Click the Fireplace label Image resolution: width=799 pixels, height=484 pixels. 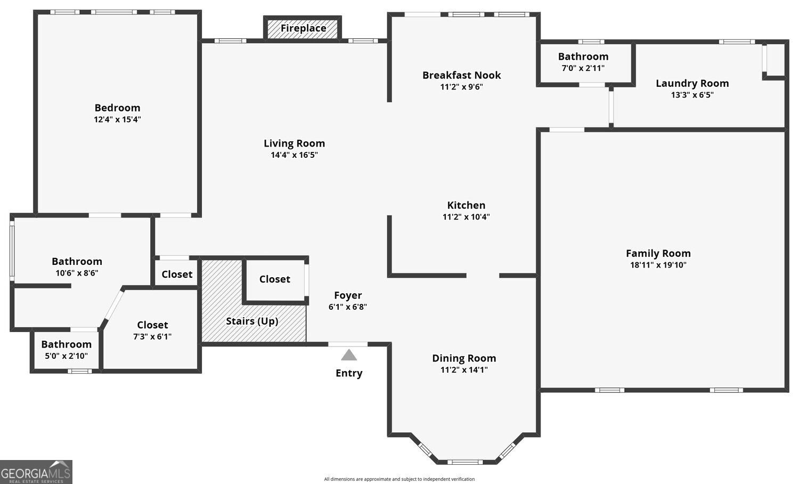(x=303, y=28)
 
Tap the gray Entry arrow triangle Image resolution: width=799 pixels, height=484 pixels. (x=349, y=355)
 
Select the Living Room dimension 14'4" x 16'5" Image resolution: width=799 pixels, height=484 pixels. (x=294, y=155)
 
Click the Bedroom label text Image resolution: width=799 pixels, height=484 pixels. (x=117, y=108)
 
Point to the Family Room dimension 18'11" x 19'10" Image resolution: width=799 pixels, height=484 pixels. (x=658, y=265)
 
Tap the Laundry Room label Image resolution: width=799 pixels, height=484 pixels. (x=692, y=84)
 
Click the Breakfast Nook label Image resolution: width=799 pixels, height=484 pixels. (x=462, y=75)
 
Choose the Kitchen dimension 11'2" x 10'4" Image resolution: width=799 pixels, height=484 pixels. (x=466, y=216)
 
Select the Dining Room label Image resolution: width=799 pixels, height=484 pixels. (x=464, y=358)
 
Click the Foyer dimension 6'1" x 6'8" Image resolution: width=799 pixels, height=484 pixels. (x=348, y=307)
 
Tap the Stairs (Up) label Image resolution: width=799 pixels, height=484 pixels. (x=252, y=321)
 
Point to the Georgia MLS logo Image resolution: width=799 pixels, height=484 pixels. (x=36, y=472)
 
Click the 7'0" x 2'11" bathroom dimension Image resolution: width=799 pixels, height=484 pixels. (x=583, y=68)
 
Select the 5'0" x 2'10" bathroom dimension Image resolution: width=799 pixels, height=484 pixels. (x=67, y=356)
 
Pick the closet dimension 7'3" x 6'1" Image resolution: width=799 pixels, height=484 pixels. (x=152, y=336)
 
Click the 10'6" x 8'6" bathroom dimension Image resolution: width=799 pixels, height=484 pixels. (x=77, y=273)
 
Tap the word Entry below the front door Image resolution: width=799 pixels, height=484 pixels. (x=349, y=373)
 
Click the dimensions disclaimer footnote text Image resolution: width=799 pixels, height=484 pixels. (x=399, y=479)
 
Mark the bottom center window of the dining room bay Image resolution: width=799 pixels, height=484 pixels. (x=465, y=462)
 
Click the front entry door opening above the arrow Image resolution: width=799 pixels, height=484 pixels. (x=348, y=344)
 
